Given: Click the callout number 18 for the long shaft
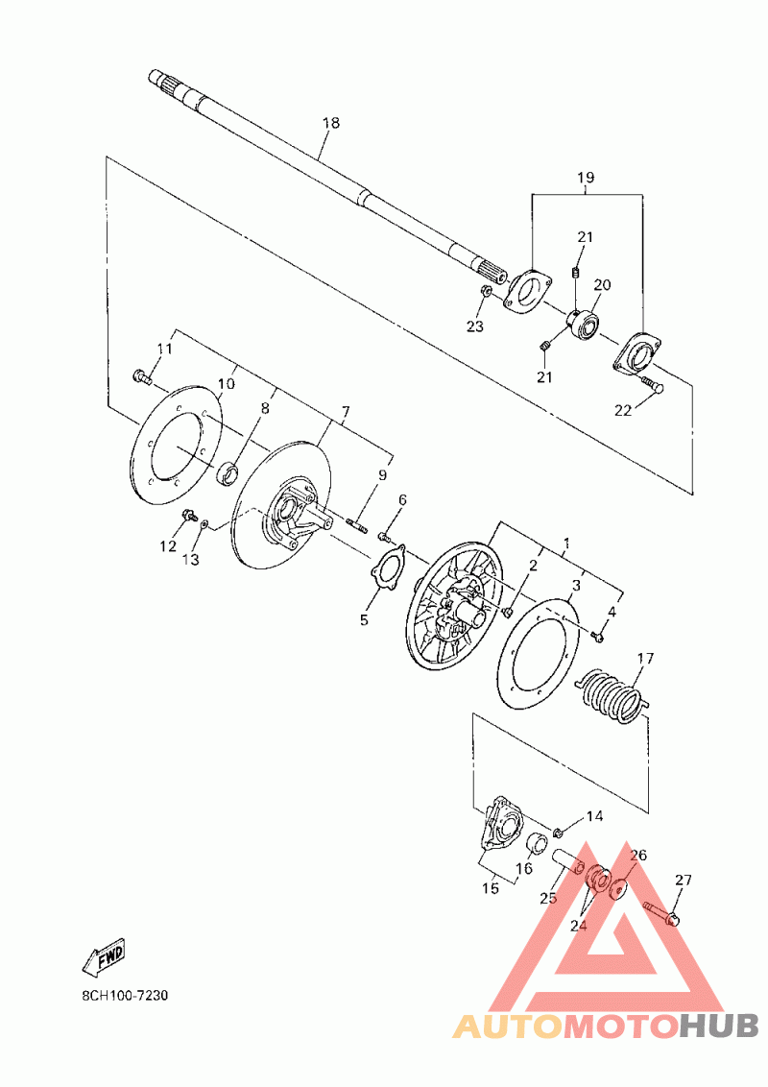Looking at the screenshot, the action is click(x=331, y=123).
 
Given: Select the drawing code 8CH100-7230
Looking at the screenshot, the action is click(x=125, y=996).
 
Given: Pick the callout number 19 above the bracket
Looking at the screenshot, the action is click(x=586, y=178).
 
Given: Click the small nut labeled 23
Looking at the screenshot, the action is click(x=487, y=291).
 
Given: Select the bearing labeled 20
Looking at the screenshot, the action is click(x=582, y=324).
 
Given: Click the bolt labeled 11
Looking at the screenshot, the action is click(x=141, y=376).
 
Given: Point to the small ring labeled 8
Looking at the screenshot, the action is click(x=228, y=474).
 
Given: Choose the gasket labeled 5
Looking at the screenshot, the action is click(x=387, y=568).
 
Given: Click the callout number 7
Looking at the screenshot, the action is click(x=345, y=412).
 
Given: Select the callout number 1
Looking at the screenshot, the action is click(x=566, y=543).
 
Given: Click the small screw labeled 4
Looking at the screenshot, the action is click(x=598, y=634).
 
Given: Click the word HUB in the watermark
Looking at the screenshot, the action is click(x=719, y=1026).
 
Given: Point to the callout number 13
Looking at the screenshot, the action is click(x=191, y=559).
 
